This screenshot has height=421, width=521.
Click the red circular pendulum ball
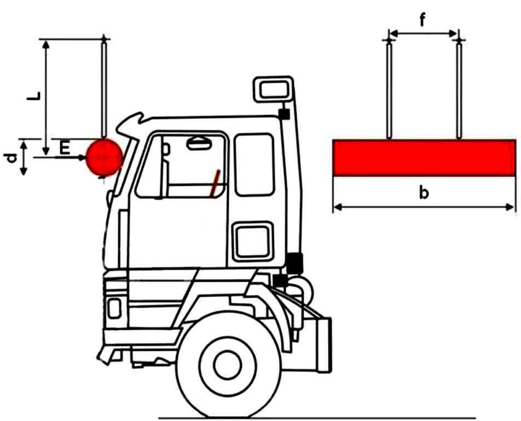[105, 157]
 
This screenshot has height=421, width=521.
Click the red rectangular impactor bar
[425, 158]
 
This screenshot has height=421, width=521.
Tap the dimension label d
[12, 158]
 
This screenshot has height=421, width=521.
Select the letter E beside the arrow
[65, 148]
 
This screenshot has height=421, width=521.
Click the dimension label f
[422, 21]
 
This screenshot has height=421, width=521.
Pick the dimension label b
[424, 192]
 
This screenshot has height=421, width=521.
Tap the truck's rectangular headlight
[114, 308]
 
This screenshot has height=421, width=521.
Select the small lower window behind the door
[253, 241]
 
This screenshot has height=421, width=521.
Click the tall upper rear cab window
[254, 164]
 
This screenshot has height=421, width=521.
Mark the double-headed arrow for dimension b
[424, 207]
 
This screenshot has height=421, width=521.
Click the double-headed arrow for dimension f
[424, 33]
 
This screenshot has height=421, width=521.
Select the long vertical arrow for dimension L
[47, 98]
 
